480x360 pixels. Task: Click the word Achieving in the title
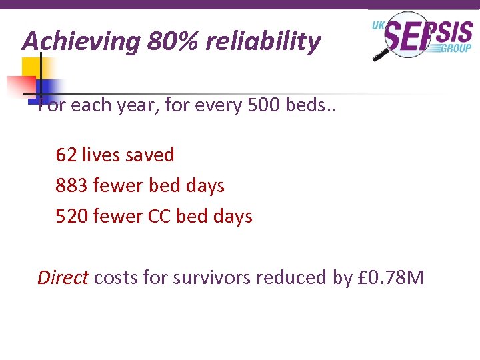pos(81,42)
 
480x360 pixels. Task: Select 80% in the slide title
pos(173,42)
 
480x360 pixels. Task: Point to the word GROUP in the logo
pos(457,48)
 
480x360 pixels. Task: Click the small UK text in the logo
pos(378,25)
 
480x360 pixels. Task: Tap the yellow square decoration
pos(31,68)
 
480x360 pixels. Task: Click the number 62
pos(66,155)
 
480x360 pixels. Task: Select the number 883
pos(72,185)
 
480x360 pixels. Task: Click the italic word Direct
pos(63,277)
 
